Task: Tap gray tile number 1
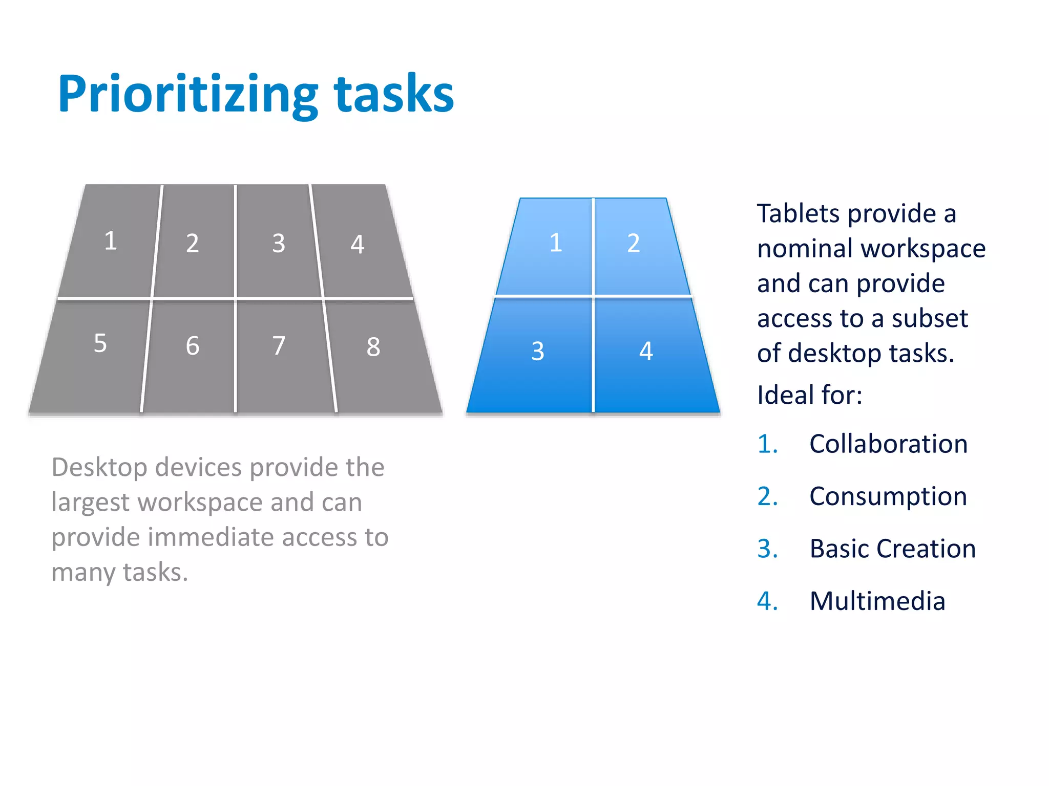point(111,241)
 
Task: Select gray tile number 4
point(358,244)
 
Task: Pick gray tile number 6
point(192,346)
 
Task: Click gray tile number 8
point(373,347)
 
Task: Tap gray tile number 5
point(100,343)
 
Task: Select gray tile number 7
point(279,346)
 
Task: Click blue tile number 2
point(634,243)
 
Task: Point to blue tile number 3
point(537,352)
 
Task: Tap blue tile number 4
point(646,352)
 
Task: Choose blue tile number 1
point(556,243)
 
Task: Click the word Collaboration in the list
point(888,444)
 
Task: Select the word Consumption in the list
point(888,496)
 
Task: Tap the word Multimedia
point(877,601)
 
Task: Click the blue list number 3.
point(767,549)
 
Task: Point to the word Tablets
point(799,213)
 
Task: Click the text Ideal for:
point(809,395)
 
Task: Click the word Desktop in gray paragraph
point(99,467)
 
